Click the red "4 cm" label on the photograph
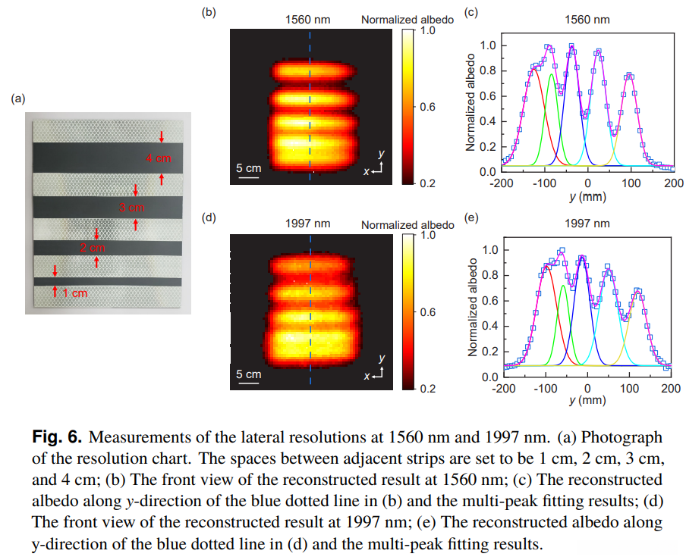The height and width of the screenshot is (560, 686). pos(159,158)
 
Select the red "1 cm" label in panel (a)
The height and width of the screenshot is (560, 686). pos(74,293)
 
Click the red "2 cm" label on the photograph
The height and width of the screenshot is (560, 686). pos(92,248)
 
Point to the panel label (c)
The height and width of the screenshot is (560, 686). pos(470,13)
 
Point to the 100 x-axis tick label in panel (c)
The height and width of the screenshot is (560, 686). pos(631,183)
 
